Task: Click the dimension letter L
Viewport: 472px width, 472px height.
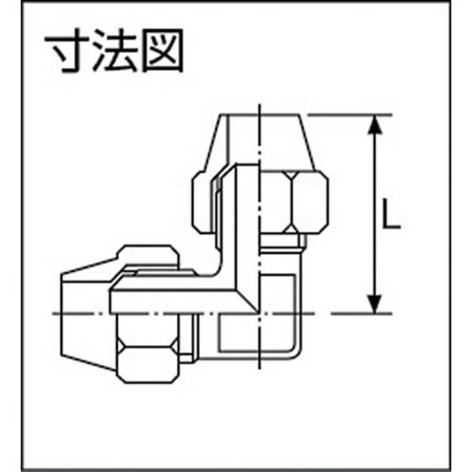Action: (391, 214)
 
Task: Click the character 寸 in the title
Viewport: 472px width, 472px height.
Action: (67, 51)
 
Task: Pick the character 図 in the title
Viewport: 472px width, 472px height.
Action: (163, 51)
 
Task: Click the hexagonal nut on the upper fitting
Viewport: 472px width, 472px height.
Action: (293, 202)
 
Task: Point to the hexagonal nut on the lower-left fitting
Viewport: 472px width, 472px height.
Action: (147, 349)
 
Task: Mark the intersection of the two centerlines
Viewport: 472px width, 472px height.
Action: (259, 314)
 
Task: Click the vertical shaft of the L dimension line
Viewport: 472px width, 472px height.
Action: (375, 214)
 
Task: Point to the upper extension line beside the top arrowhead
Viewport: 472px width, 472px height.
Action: (350, 114)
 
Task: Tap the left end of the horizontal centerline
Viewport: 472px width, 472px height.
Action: (53, 314)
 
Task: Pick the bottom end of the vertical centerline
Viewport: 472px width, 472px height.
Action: (259, 369)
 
